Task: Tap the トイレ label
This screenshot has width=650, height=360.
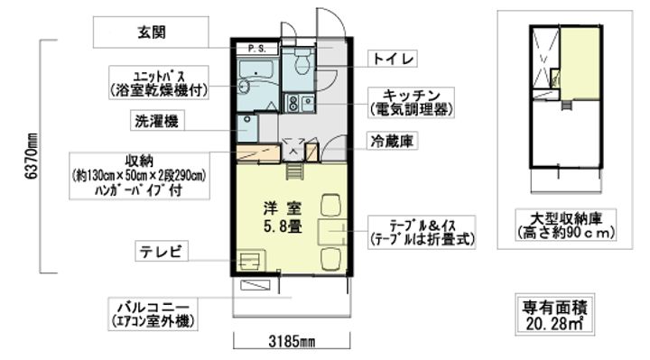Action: point(395,59)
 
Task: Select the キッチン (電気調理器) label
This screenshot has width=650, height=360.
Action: point(410,102)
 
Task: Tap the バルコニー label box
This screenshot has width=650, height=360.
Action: point(151,312)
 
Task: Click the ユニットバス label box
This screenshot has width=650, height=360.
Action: point(158,81)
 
